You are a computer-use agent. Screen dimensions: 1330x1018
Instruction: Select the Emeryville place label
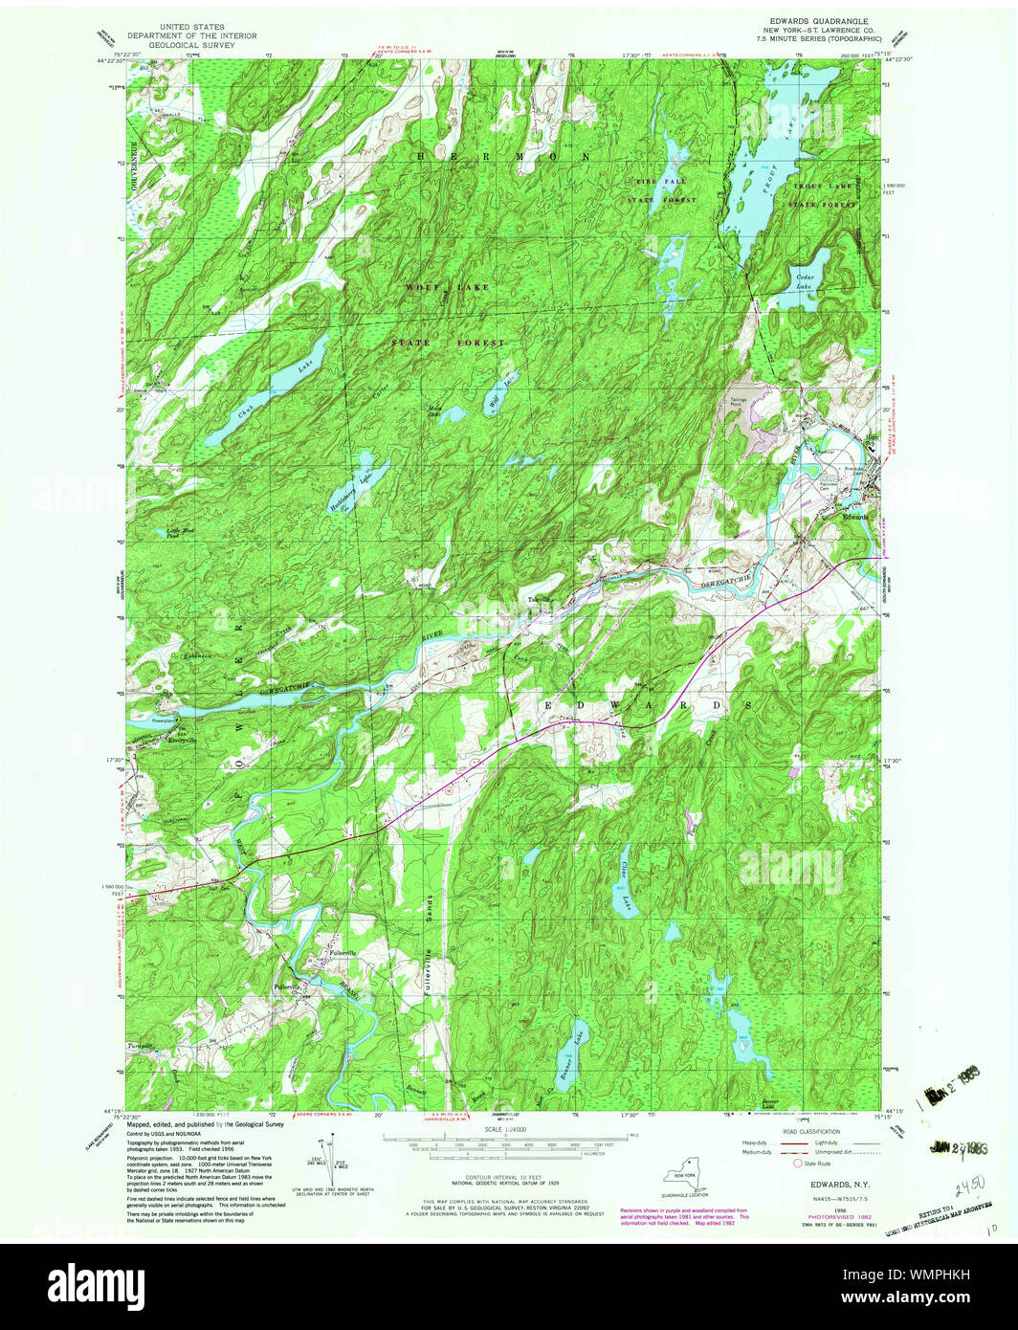click(182, 741)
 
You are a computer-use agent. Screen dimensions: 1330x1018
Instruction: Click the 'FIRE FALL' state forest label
click(659, 181)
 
